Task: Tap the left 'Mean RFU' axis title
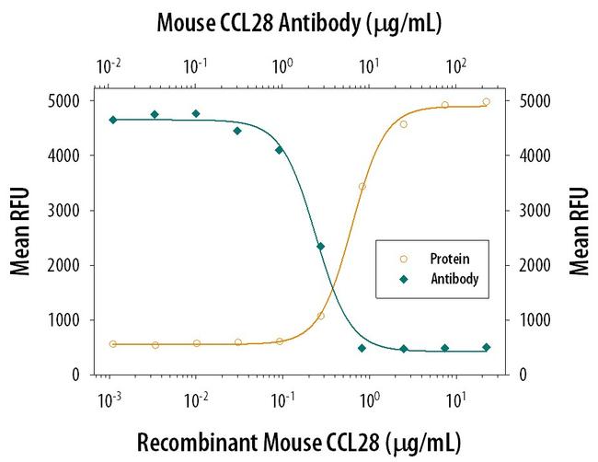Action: click(19, 232)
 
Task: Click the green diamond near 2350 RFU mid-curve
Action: click(320, 247)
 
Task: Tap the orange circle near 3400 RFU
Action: click(362, 187)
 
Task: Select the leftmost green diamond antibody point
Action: click(112, 120)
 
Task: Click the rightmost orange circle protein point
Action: click(486, 102)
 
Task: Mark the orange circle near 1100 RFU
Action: click(321, 316)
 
